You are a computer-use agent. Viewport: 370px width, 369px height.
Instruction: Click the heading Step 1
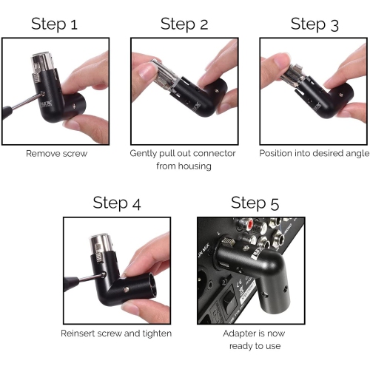pyautogui.click(x=64, y=24)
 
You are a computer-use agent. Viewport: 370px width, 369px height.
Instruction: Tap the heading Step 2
pyautogui.click(x=184, y=24)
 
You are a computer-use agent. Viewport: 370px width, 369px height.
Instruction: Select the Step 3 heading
pyautogui.click(x=314, y=24)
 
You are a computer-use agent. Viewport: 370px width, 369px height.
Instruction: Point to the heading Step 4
pyautogui.click(x=117, y=203)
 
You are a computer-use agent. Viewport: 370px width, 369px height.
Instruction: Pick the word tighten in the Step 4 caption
pyautogui.click(x=156, y=334)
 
